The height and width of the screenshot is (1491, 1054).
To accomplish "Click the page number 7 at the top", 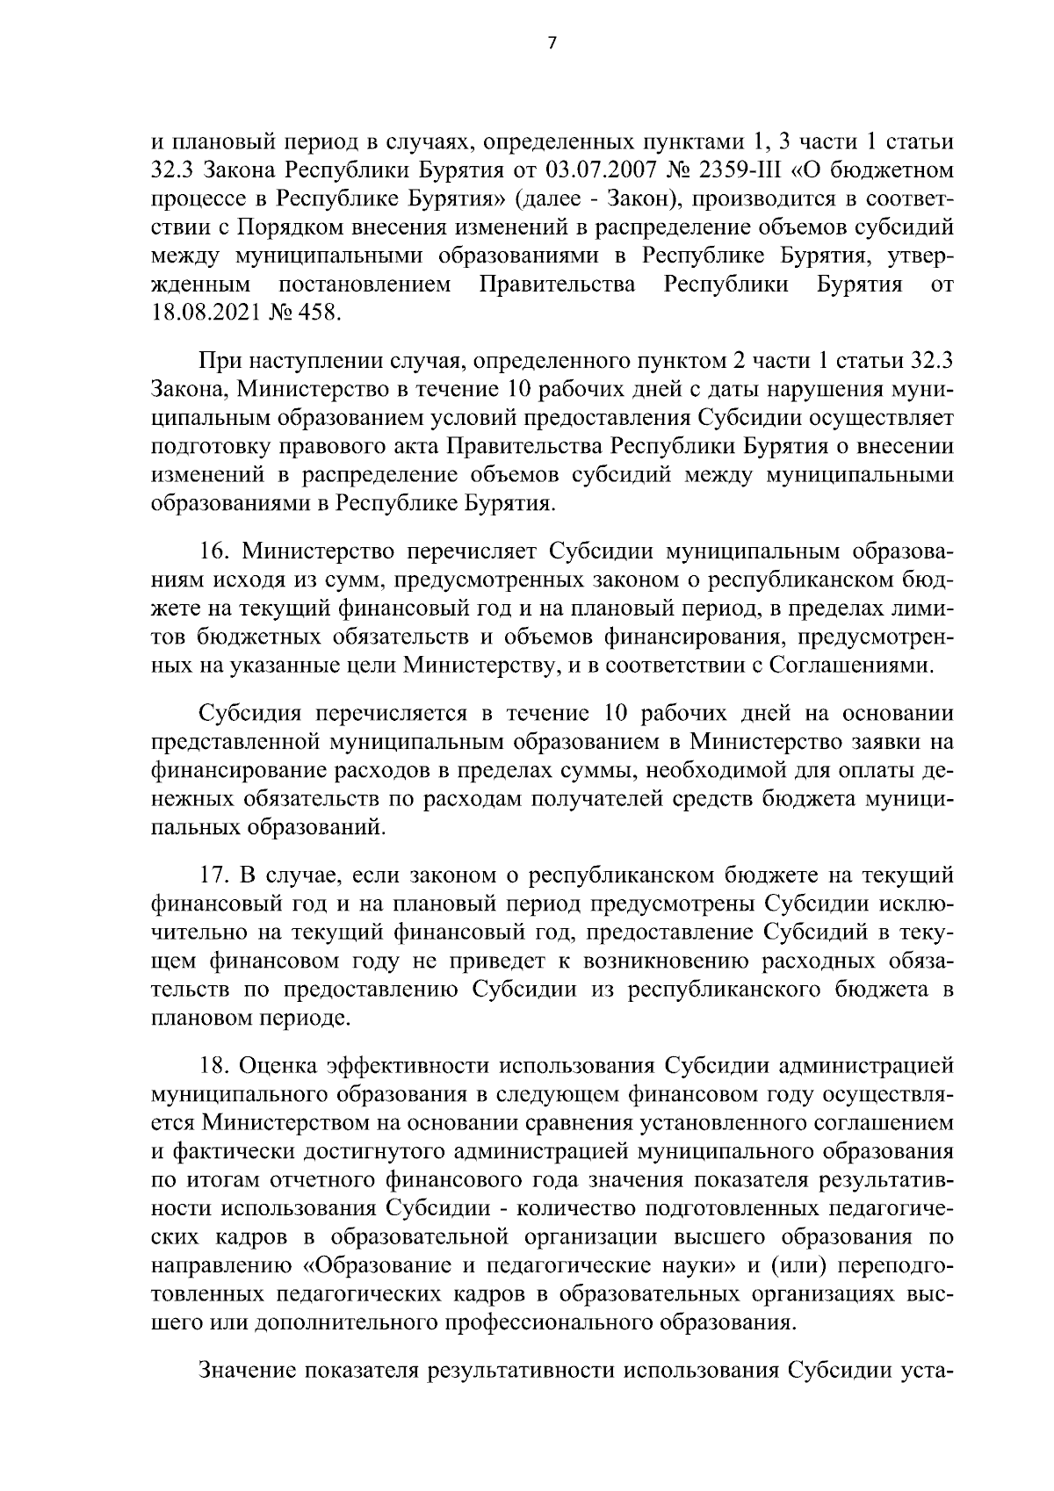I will (x=552, y=44).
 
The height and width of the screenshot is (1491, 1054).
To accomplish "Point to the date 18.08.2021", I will (x=208, y=313).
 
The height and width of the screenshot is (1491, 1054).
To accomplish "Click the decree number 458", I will (x=315, y=313).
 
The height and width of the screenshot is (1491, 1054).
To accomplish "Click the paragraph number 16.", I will (x=214, y=551).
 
